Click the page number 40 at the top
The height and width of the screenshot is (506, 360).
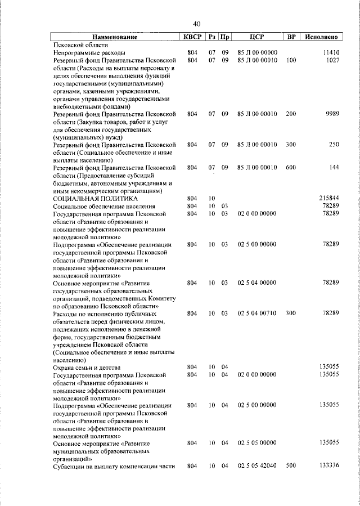[x=196, y=24]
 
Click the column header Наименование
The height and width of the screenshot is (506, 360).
[x=114, y=37]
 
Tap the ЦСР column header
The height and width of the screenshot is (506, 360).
[x=258, y=37]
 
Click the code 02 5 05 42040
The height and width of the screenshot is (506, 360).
[x=257, y=466]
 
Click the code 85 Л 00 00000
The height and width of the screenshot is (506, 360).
[x=257, y=52]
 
